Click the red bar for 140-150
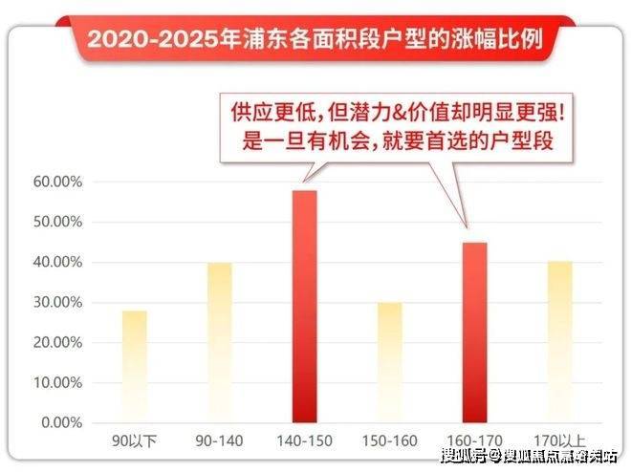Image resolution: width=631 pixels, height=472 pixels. tap(305, 306)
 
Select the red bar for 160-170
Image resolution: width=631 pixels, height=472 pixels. tap(475, 332)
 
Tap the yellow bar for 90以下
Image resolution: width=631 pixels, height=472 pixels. tap(135, 366)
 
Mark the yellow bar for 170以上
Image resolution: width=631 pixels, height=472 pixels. tap(560, 341)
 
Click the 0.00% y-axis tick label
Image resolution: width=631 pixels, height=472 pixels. tap(62, 422)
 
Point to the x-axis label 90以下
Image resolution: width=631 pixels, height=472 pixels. tap(135, 442)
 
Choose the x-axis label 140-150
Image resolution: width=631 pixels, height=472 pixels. tap(305, 442)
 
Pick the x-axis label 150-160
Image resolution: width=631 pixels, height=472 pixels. tap(390, 442)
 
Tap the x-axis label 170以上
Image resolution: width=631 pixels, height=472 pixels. tap(560, 442)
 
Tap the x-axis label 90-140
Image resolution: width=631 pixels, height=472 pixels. tap(220, 442)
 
